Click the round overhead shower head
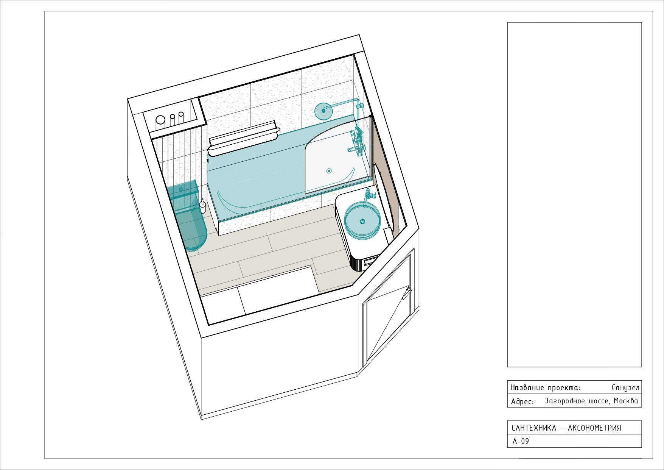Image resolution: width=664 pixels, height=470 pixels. (x=323, y=111)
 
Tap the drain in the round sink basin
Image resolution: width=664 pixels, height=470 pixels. (x=362, y=221)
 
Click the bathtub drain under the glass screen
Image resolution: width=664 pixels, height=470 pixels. (x=329, y=171)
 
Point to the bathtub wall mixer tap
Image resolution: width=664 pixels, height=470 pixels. (x=356, y=142)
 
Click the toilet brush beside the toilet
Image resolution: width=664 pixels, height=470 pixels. (x=203, y=206)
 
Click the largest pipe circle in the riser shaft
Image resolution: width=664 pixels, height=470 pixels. (x=160, y=120)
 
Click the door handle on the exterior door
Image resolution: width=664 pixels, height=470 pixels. (x=408, y=292)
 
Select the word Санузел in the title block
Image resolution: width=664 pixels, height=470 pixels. (x=625, y=388)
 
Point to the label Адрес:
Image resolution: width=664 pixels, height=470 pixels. (x=522, y=401)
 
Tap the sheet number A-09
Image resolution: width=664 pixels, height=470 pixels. (x=521, y=441)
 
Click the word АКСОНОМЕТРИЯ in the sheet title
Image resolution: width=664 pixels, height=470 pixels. (x=594, y=428)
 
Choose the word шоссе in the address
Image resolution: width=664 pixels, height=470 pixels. (x=594, y=401)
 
